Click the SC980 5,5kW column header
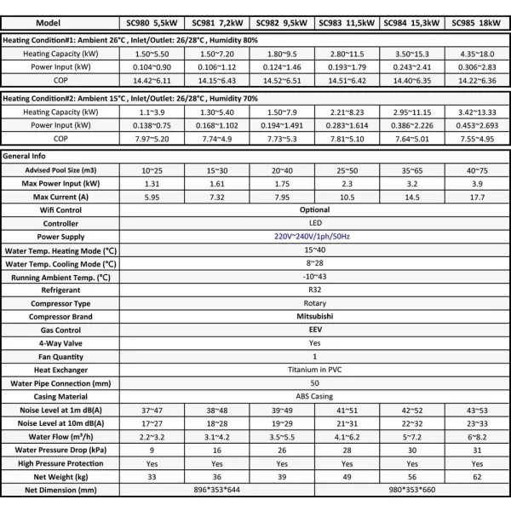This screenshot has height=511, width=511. [x=150, y=23]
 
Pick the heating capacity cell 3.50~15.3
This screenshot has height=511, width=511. [x=411, y=52]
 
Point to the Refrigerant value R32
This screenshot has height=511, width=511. [x=314, y=290]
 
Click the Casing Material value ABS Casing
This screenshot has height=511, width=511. [x=314, y=396]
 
